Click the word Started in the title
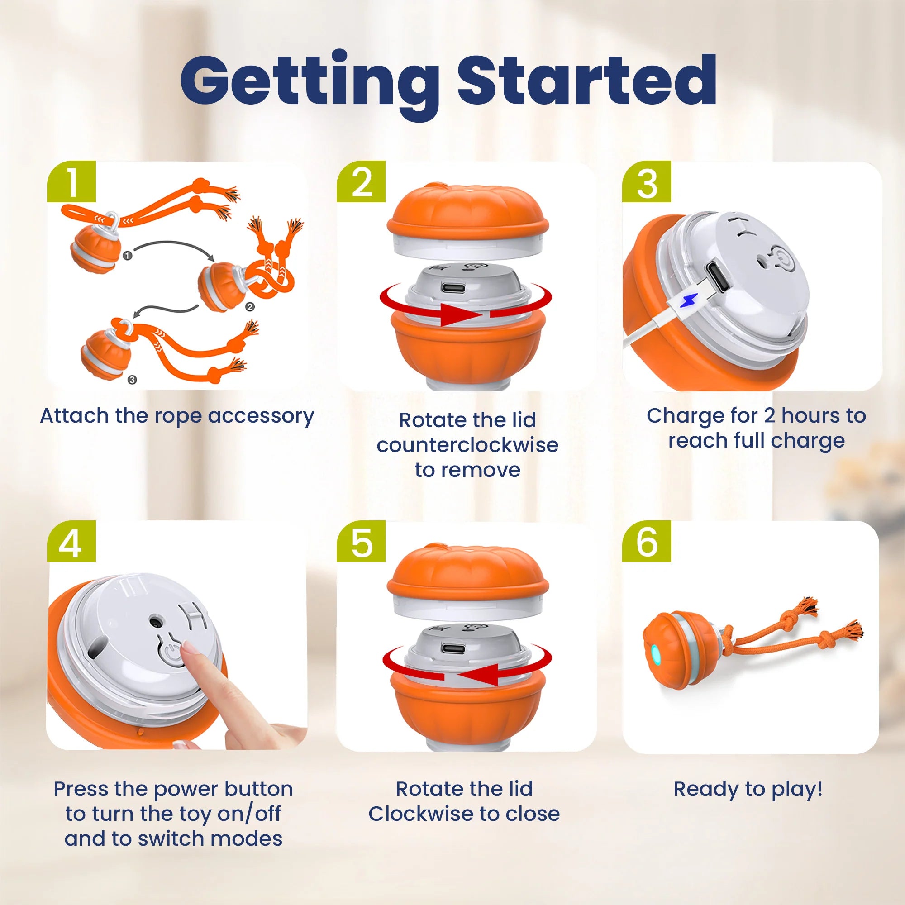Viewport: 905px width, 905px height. (x=586, y=81)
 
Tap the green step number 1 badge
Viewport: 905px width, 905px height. (x=71, y=182)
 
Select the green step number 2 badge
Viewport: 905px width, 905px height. (x=361, y=182)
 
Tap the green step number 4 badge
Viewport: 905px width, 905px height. (x=71, y=542)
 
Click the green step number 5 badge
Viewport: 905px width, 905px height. (x=361, y=542)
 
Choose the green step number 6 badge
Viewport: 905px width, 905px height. (x=647, y=542)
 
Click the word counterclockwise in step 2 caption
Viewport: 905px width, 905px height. (x=467, y=445)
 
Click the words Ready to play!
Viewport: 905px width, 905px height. (x=748, y=789)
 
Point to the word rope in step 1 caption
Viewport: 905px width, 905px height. (x=179, y=416)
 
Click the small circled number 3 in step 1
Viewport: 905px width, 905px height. (x=132, y=380)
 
